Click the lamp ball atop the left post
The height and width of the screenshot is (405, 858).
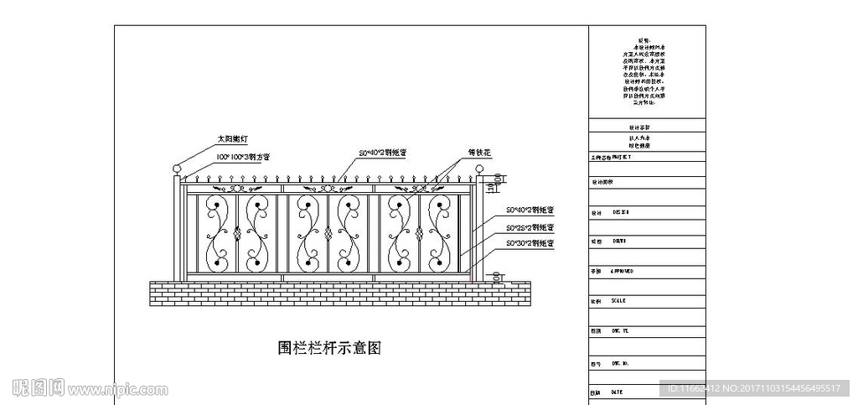click(x=177, y=170)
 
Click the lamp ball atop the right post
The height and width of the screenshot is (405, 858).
click(x=480, y=170)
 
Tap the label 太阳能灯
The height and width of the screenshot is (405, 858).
click(x=234, y=139)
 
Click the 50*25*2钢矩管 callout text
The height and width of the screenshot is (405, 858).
click(x=530, y=226)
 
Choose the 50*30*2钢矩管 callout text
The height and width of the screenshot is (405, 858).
click(x=530, y=243)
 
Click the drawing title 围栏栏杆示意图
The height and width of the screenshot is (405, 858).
click(x=329, y=347)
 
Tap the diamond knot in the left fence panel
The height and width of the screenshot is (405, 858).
click(x=237, y=234)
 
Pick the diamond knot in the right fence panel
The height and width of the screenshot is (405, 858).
click(x=418, y=234)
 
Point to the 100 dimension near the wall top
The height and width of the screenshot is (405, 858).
click(x=497, y=276)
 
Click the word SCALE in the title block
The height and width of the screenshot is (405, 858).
click(x=618, y=300)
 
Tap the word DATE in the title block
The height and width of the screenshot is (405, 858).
click(x=617, y=392)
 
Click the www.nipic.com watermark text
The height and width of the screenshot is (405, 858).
click(x=118, y=390)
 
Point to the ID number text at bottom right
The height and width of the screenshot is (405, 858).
click(x=753, y=387)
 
